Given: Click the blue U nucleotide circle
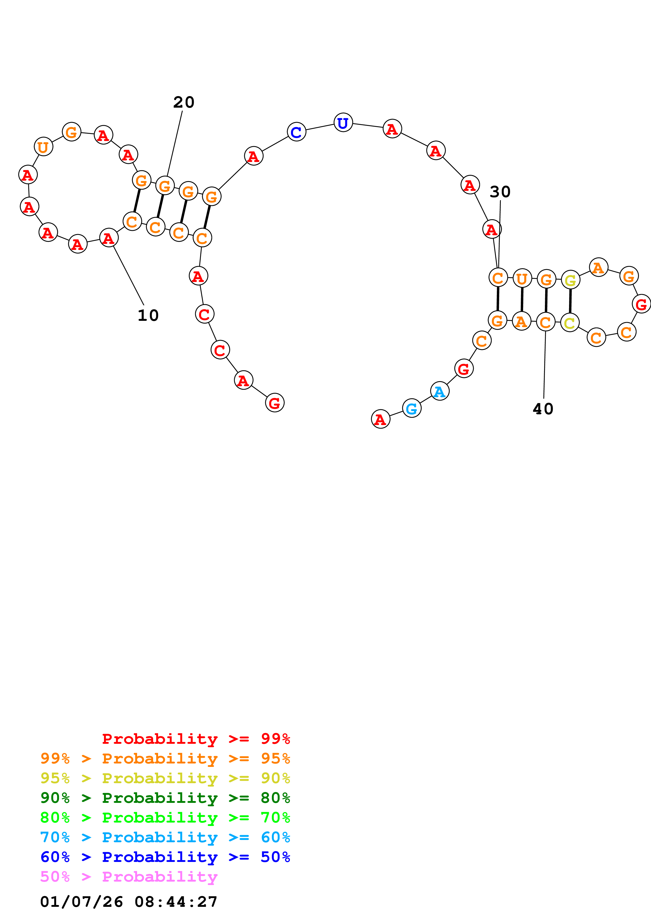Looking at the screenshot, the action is coord(343,123).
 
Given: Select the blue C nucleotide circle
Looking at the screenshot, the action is coord(296,132).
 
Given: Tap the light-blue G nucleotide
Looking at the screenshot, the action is coord(412,408).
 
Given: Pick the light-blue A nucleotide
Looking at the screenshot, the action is coord(440,391).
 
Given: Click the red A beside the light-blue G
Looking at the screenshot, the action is coord(380,419).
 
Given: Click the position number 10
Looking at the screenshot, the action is coord(148,315).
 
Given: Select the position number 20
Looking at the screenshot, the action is coord(184,102).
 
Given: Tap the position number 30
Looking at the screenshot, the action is coord(500,192).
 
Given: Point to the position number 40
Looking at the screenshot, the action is coord(543,409).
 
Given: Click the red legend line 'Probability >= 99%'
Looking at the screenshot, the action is coord(196,739).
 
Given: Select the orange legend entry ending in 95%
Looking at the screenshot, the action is coord(165,758).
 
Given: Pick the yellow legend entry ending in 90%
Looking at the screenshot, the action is coord(165,778).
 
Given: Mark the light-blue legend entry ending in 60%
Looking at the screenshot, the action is coord(165,837).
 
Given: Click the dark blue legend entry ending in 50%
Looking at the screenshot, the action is coord(165,857).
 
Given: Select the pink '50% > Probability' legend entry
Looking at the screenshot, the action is coord(129,876).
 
